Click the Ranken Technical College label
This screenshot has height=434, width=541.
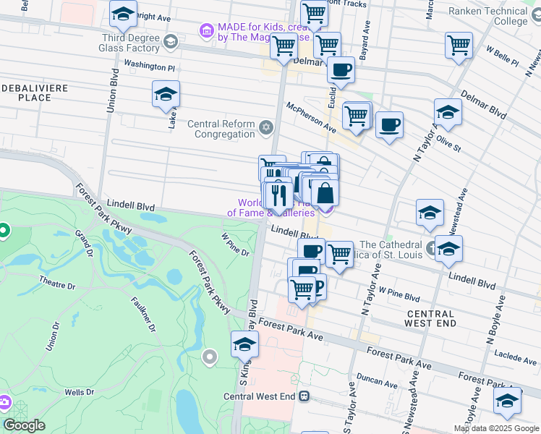point(498,16)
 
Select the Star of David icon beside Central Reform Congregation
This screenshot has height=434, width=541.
point(266,128)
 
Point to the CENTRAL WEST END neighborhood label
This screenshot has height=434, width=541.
point(431,318)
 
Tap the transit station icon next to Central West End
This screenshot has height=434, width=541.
point(305,396)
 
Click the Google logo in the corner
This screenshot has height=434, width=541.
point(23,425)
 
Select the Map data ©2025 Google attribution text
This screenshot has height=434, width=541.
point(496,428)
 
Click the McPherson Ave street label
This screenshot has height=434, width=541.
point(311,116)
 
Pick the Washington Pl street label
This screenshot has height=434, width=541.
point(150,66)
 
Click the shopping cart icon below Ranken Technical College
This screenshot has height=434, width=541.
point(459,46)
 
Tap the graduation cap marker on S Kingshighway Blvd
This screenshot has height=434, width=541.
point(245,345)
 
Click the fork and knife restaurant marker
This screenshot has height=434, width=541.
point(278,195)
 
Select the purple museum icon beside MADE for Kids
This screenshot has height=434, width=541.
point(206,31)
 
